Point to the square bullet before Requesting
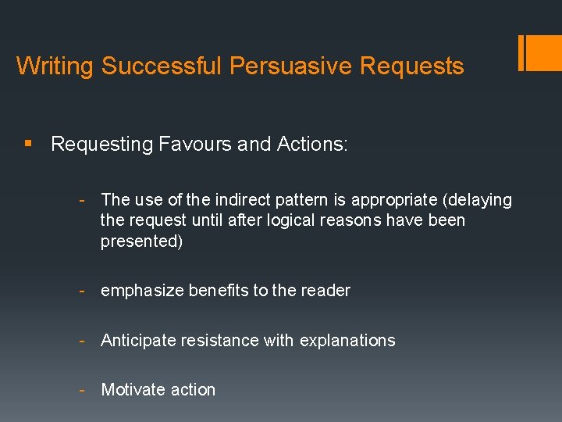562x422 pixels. click(28, 144)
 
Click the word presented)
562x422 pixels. click(141, 241)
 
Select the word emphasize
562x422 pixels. click(141, 291)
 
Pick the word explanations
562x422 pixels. click(347, 340)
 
